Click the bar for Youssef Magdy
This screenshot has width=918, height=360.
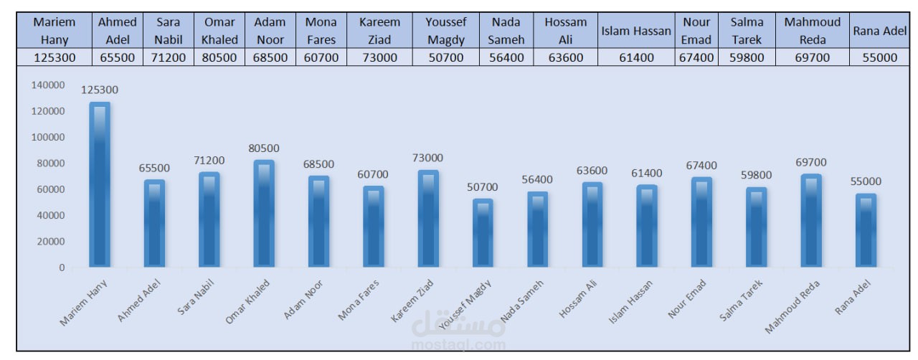tap(483, 233)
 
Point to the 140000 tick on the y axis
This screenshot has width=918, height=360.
tap(47, 85)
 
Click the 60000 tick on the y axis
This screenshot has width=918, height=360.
tap(50, 189)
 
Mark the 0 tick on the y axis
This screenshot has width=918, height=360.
tap(62, 267)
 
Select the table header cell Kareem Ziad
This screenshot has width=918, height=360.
tap(379, 31)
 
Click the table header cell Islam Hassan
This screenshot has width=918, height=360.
tap(635, 31)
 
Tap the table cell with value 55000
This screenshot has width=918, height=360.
tap(879, 57)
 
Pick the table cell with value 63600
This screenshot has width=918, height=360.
tap(565, 57)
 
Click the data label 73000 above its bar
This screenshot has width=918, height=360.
tap(428, 158)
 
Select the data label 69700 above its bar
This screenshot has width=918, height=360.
tap(811, 163)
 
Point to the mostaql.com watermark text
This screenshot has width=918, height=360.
tap(459, 344)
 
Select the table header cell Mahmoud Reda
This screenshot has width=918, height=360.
tap(812, 31)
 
